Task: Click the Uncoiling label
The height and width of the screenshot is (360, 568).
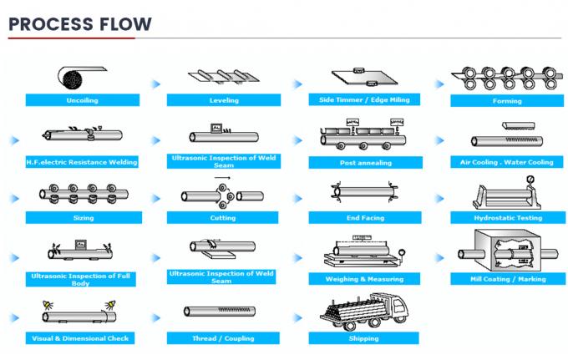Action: (x=82, y=100)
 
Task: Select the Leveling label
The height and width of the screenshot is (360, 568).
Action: (x=223, y=100)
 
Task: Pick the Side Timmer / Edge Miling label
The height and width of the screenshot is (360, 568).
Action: (x=364, y=99)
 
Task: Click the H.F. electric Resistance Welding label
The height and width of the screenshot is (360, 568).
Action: (x=82, y=161)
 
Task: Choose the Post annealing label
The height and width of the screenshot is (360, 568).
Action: (x=365, y=162)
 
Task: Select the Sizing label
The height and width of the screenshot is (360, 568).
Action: (x=82, y=218)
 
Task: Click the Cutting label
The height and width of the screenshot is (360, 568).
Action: (x=223, y=218)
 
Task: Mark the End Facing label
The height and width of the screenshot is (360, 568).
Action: (x=365, y=218)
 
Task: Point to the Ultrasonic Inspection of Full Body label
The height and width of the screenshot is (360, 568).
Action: (x=82, y=277)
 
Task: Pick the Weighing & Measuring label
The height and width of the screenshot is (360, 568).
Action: (x=365, y=279)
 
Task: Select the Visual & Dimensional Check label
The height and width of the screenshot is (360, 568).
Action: (x=82, y=338)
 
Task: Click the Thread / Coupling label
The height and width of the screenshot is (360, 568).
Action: (x=223, y=338)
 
